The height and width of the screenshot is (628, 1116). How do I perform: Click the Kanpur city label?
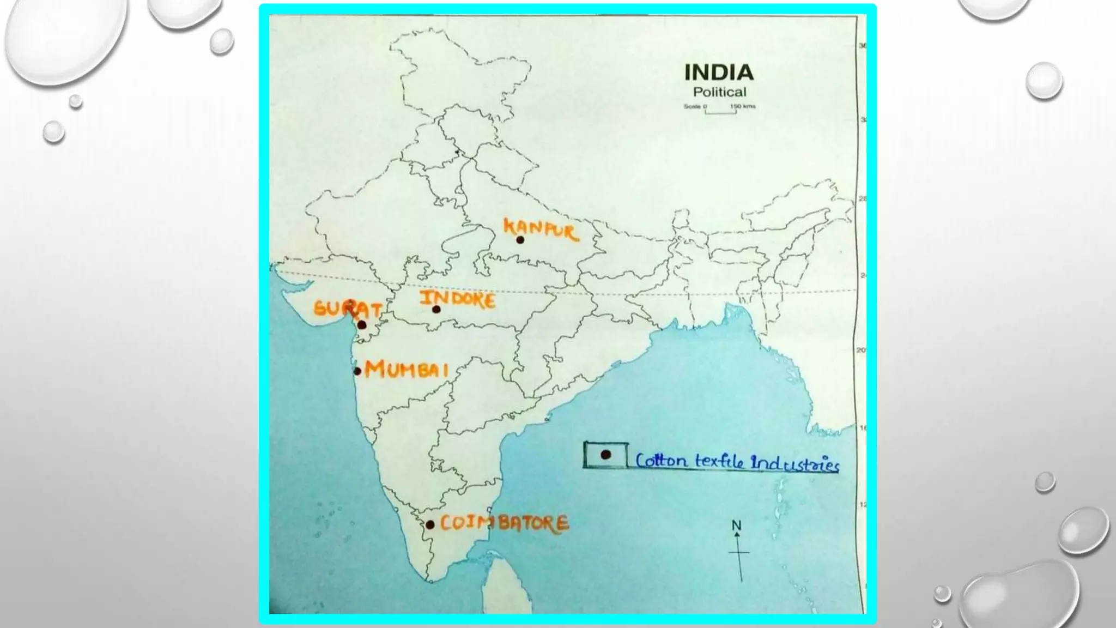(540, 229)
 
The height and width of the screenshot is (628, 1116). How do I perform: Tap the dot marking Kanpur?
(520, 240)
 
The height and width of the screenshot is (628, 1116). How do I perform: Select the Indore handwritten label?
(457, 299)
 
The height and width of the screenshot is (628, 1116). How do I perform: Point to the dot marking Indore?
(436, 310)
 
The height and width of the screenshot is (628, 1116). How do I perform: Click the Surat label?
(347, 309)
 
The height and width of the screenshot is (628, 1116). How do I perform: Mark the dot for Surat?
(362, 325)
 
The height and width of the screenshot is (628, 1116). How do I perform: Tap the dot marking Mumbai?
(357, 371)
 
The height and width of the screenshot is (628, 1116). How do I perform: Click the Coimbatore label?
(504, 523)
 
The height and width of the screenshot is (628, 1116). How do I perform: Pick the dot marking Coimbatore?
(430, 525)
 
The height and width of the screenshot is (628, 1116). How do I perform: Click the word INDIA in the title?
(719, 73)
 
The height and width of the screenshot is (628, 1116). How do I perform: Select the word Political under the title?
(719, 92)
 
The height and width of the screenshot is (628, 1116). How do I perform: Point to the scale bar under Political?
(720, 111)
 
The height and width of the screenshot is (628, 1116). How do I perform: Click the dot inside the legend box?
(605, 455)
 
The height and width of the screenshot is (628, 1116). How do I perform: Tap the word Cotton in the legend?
(661, 461)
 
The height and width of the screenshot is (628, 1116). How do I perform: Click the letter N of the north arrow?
(736, 526)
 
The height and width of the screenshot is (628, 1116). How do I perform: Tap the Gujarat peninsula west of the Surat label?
(299, 305)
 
